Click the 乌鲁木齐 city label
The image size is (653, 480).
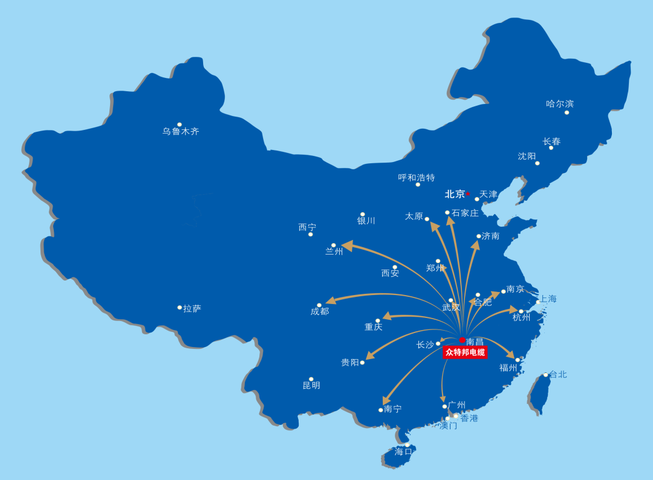[x=180, y=131]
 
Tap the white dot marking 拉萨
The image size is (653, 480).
[x=180, y=308]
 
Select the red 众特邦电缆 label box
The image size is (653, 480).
[x=464, y=352]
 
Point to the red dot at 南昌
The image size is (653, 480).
[x=463, y=340]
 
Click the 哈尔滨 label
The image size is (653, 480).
[x=560, y=104]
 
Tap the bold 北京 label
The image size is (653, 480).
[x=455, y=194]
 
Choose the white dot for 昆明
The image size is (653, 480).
[x=311, y=379]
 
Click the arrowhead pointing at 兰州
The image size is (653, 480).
[x=347, y=246]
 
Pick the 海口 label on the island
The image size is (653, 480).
[x=403, y=452]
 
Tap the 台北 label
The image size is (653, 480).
[x=558, y=374]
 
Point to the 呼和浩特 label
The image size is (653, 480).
[x=417, y=178]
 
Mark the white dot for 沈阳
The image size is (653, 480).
[x=537, y=163]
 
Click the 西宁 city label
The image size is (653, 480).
[x=307, y=227]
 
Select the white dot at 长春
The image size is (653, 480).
[x=551, y=148]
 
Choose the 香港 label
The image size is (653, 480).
[x=469, y=418]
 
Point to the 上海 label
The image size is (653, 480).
[x=548, y=299]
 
